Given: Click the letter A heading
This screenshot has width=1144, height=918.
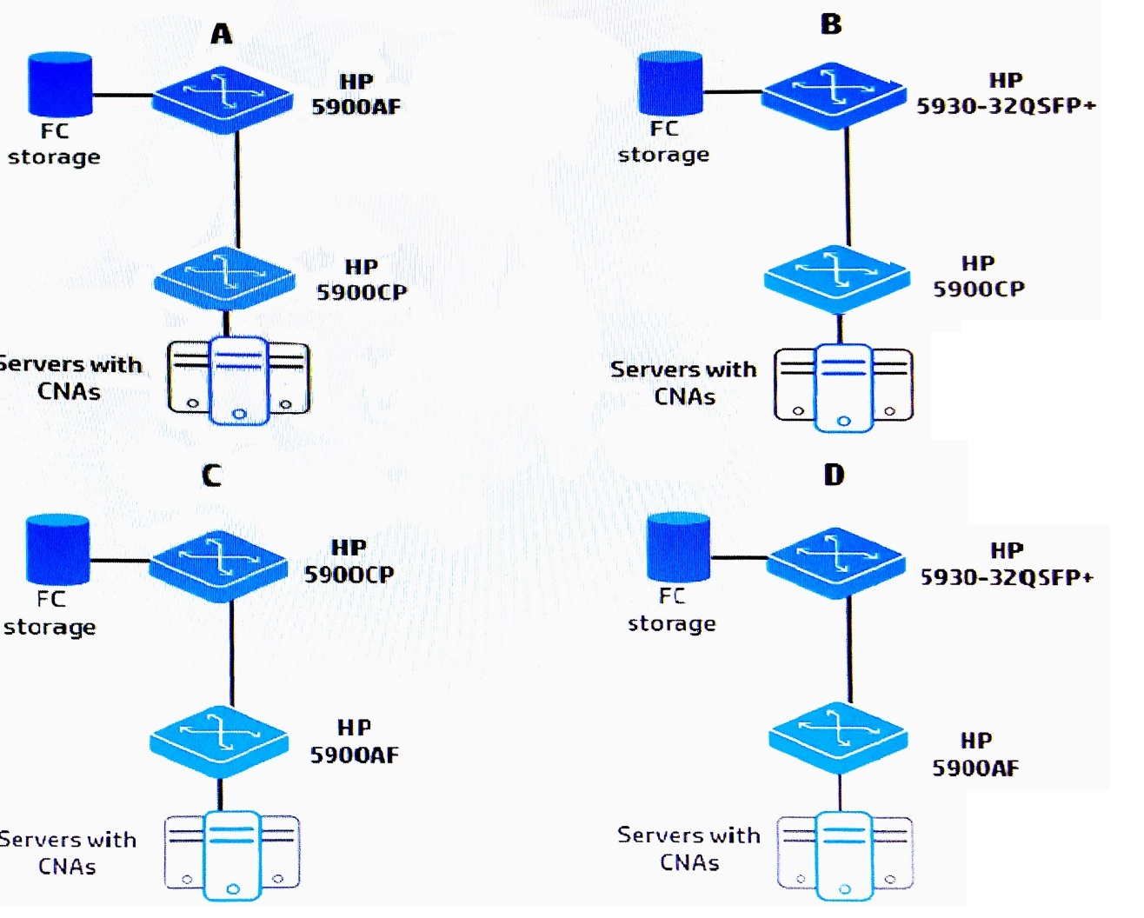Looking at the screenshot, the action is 222,34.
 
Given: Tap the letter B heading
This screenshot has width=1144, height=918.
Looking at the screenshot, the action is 831,24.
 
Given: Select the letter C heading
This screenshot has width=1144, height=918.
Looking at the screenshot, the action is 211,476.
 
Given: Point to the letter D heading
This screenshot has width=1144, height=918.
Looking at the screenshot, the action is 834,475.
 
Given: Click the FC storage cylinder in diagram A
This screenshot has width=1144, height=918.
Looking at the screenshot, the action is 60,84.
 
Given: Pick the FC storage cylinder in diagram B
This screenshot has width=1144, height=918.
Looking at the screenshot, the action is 670,83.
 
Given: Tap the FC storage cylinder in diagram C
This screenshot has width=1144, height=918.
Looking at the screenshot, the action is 57,549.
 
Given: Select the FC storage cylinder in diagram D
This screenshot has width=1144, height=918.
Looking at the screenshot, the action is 678,547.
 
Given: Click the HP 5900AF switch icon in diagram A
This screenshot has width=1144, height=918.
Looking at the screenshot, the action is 223,99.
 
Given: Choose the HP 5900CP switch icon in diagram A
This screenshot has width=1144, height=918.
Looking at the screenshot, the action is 224,278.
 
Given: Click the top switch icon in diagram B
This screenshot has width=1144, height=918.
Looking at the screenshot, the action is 834,96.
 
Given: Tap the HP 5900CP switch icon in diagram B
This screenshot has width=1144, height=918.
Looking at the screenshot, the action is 837,279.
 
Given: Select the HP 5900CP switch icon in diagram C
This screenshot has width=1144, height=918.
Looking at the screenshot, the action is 218,566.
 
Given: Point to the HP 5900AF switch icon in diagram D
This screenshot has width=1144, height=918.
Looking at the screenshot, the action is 838,738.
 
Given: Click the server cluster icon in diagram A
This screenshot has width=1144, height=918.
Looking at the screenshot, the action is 239,381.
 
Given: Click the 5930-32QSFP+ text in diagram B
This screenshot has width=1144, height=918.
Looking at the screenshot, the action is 1006,106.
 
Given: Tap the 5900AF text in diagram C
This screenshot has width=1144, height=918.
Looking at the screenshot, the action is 355,755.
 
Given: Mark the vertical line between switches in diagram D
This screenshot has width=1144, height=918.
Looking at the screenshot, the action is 849,649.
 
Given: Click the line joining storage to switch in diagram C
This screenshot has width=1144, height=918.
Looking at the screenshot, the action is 120,560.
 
